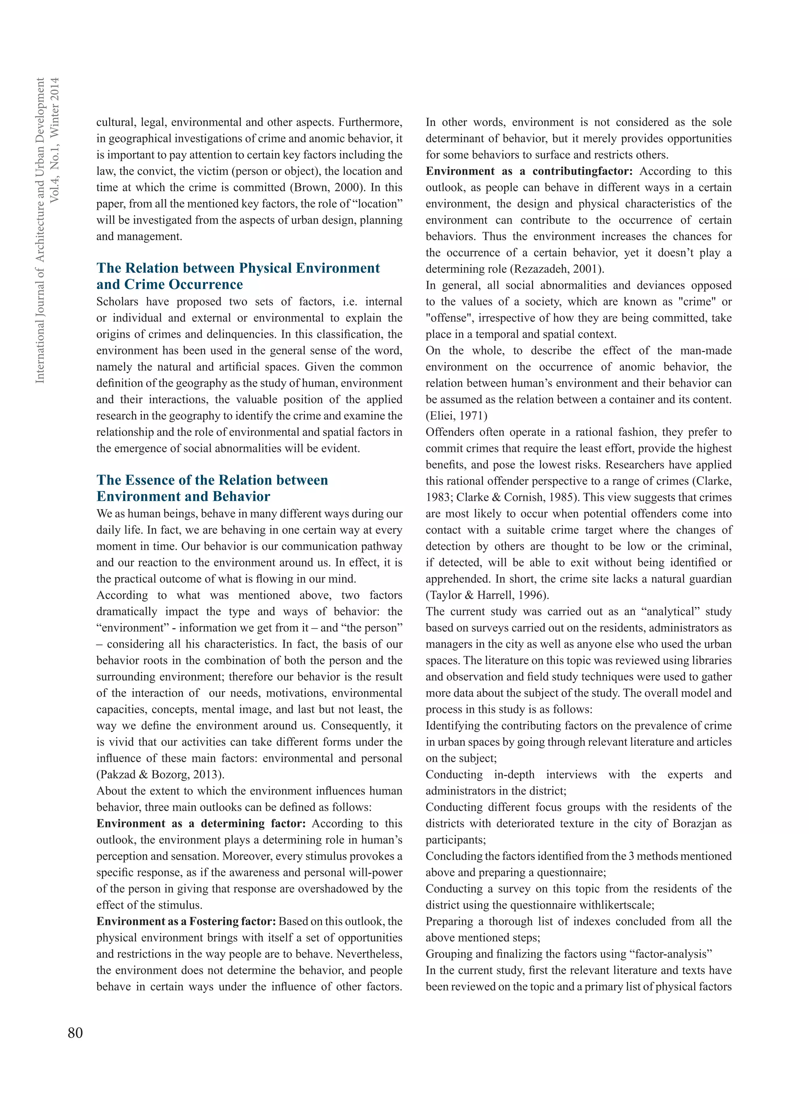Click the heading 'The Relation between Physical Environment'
[238, 268]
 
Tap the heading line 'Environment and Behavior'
[183, 497]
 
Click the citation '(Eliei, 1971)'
[456, 416]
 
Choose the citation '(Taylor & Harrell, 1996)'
[487, 595]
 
